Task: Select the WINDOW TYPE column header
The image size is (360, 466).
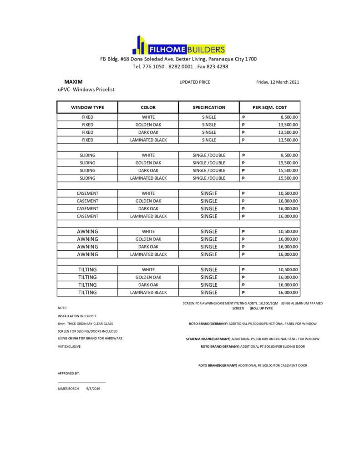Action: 87,107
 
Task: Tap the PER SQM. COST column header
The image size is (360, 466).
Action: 269,107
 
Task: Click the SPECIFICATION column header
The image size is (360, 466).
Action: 209,107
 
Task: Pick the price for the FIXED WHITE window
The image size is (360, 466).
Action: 269,117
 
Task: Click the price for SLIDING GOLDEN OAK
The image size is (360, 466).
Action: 269,162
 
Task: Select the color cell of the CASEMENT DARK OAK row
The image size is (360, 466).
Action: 148,208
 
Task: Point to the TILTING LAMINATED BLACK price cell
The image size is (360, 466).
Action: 269,293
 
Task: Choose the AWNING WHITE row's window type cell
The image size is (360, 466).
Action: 87,231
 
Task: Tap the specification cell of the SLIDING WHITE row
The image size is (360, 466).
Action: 209,155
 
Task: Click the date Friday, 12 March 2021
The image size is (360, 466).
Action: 278,82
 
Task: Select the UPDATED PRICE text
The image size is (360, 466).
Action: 195,82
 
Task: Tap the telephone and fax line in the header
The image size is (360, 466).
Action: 180,66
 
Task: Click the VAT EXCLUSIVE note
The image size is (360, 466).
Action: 69,346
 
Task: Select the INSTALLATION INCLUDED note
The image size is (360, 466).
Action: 76,315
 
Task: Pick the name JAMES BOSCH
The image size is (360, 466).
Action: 68,389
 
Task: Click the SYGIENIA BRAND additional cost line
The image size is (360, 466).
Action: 252,339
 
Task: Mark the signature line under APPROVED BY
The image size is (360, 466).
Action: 81,381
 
